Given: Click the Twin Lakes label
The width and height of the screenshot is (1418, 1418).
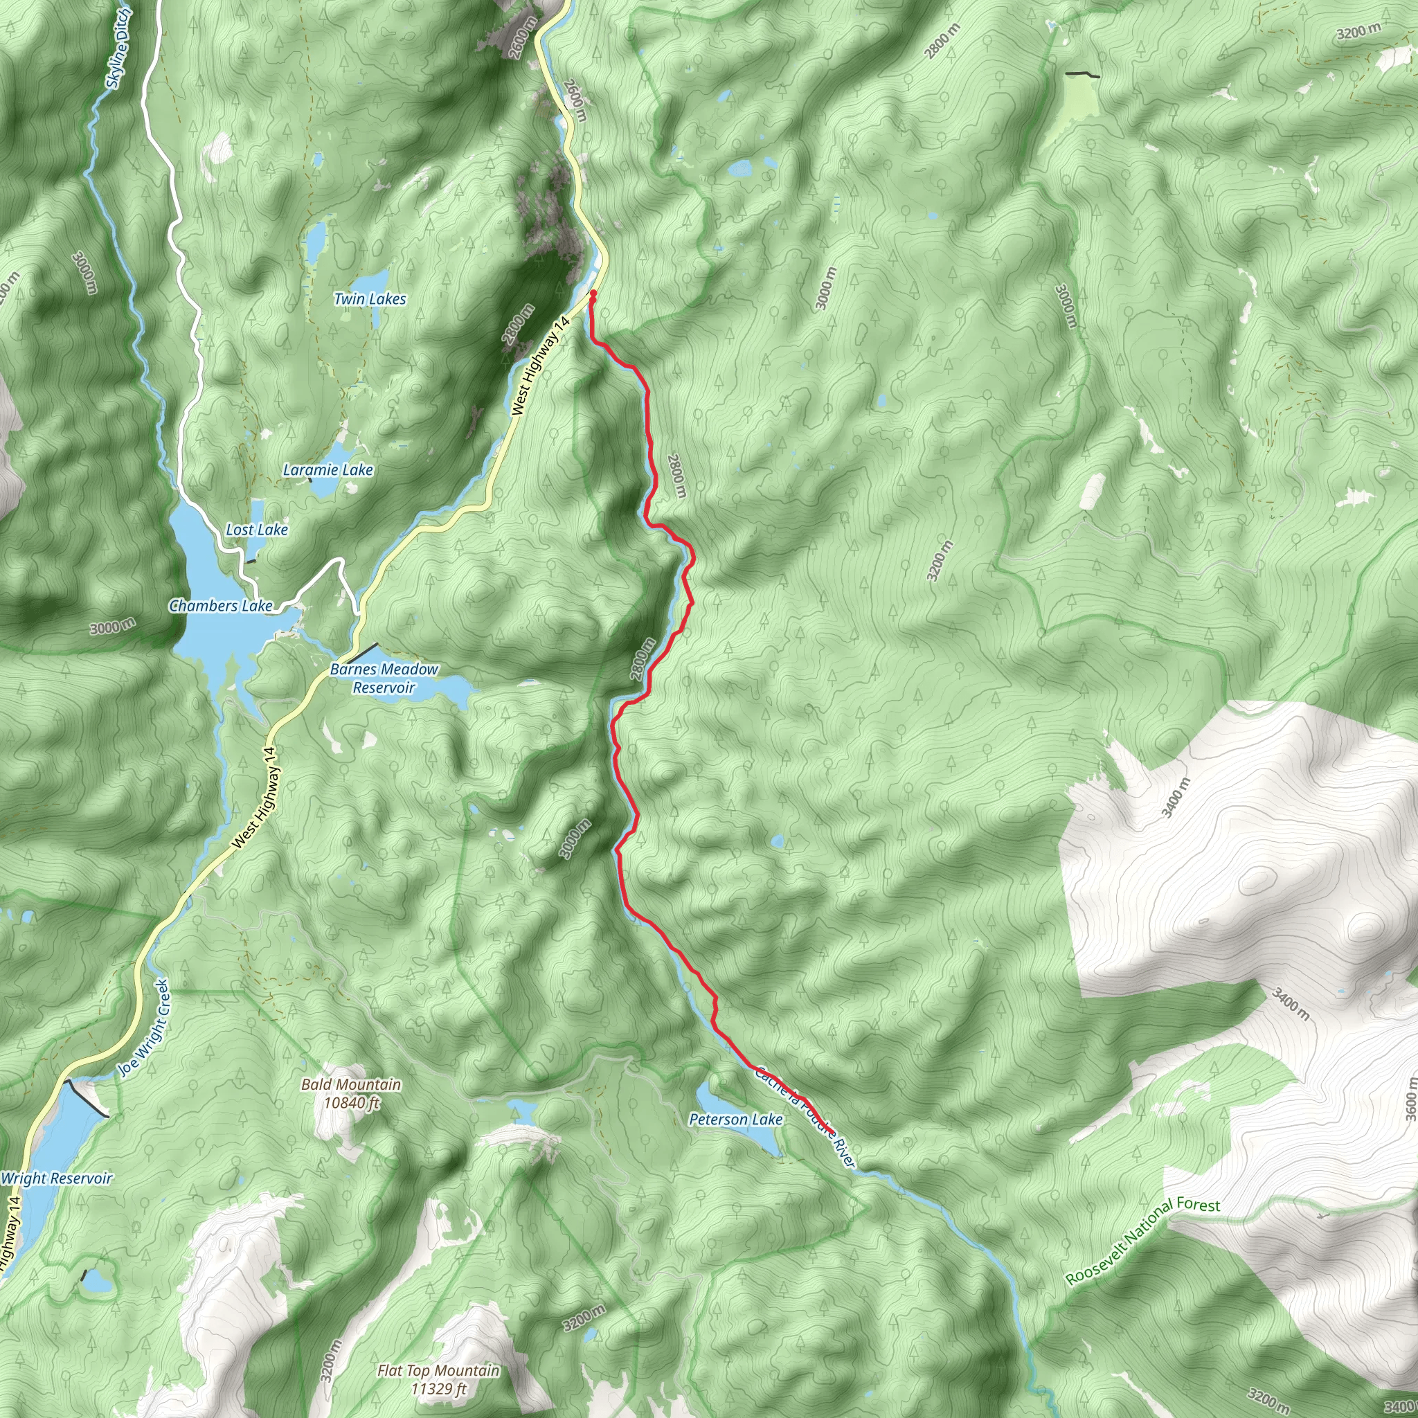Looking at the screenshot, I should (x=370, y=298).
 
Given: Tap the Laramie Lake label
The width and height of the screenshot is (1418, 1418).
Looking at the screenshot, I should (x=328, y=469).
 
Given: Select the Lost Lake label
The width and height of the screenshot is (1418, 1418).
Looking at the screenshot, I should (x=257, y=529).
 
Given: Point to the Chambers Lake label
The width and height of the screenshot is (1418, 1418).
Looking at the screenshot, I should (x=220, y=606).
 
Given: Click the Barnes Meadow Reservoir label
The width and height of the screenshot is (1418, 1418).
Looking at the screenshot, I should (x=384, y=678).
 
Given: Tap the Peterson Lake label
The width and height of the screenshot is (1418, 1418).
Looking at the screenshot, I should (x=735, y=1120).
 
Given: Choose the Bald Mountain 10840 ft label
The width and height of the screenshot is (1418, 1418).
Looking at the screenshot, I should (x=352, y=1093).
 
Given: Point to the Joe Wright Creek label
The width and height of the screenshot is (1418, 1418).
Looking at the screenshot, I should (x=144, y=1027).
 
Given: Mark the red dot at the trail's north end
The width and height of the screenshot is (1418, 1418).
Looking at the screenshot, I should (x=592, y=293).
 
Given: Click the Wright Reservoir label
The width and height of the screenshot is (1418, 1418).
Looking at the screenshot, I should (x=57, y=1178).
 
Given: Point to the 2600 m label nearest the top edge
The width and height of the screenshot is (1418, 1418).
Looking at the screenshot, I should (x=520, y=40).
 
